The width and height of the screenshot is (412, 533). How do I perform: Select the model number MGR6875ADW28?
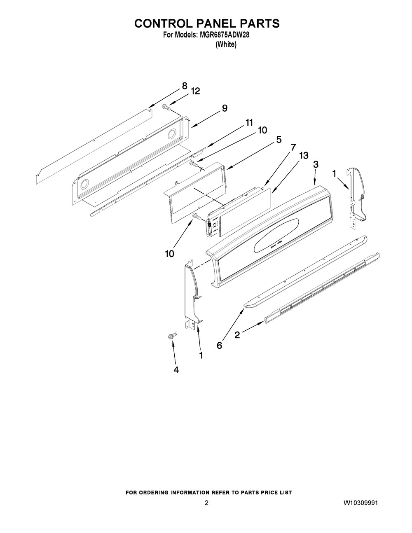(x=225, y=35)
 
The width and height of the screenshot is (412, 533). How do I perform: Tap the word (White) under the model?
(x=226, y=44)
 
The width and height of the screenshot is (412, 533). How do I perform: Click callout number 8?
(x=185, y=86)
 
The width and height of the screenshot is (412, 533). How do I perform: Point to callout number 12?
(x=195, y=91)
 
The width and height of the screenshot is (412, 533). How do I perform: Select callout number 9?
(x=225, y=108)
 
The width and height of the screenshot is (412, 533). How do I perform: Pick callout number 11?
(x=249, y=123)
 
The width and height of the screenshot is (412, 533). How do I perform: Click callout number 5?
(x=279, y=140)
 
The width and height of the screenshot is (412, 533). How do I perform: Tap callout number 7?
(x=293, y=147)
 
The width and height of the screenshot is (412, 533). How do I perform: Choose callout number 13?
(x=304, y=155)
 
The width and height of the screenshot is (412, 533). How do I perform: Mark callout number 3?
(x=316, y=164)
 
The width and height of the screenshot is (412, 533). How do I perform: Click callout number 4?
(x=176, y=370)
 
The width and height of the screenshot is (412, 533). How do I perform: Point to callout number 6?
(x=219, y=346)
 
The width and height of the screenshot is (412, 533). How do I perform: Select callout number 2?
(x=237, y=335)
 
